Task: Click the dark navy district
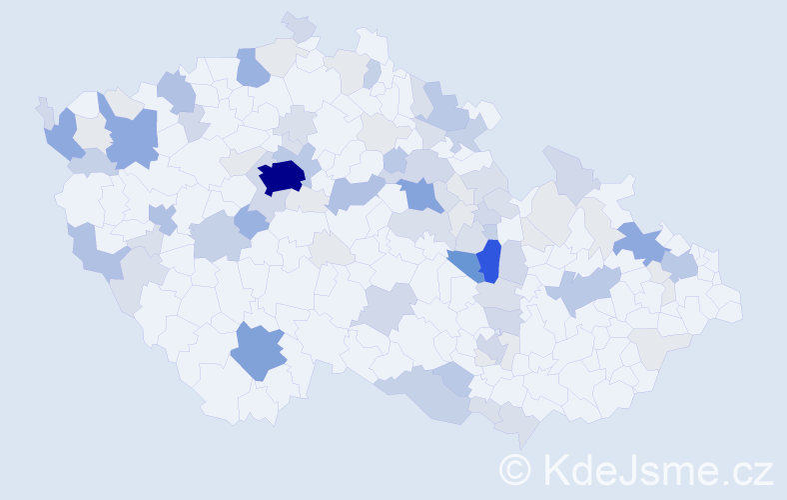click(x=282, y=176)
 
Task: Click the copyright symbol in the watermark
click(x=515, y=470)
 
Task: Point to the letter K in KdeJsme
click(x=554, y=470)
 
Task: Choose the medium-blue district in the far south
click(x=257, y=351)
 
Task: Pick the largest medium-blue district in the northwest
click(x=131, y=139)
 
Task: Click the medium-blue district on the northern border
click(x=252, y=68)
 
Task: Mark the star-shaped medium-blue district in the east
click(x=640, y=243)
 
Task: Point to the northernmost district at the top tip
click(x=298, y=25)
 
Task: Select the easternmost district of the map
click(x=728, y=305)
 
